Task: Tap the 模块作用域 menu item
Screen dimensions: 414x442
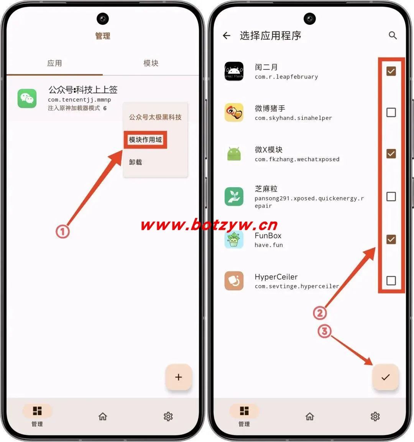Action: (x=145, y=139)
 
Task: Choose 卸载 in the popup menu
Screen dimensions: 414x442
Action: (x=135, y=162)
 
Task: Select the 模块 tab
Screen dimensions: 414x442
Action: (x=151, y=63)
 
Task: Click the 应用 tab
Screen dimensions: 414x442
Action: (x=54, y=63)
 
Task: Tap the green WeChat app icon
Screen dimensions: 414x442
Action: (x=27, y=98)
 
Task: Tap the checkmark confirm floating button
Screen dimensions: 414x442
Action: (x=386, y=377)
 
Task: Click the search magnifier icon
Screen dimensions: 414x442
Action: (x=393, y=36)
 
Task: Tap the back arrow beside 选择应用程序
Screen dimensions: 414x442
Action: (x=227, y=36)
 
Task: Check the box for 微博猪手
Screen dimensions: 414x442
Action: (x=391, y=113)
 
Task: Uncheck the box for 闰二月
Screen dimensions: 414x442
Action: (x=391, y=71)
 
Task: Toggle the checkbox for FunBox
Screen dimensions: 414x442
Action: (x=391, y=239)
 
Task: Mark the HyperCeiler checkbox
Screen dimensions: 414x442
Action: (x=391, y=281)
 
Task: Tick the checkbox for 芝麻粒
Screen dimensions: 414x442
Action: (x=391, y=196)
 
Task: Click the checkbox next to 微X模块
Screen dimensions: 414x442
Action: (x=391, y=154)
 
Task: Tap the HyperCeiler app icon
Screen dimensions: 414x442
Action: (x=234, y=281)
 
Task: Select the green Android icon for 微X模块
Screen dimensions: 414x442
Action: (x=234, y=154)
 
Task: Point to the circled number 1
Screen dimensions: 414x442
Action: (x=62, y=231)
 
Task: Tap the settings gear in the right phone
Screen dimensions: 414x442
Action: (x=375, y=416)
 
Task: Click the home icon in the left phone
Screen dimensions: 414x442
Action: (x=103, y=416)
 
